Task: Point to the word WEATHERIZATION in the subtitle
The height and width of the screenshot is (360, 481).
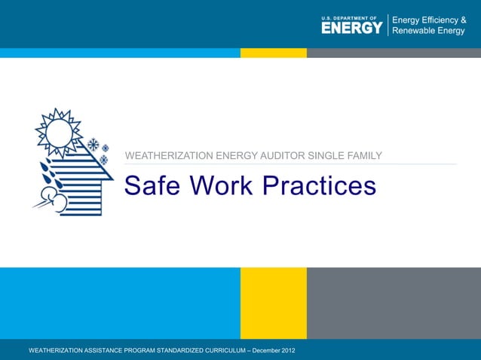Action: [x=169, y=156]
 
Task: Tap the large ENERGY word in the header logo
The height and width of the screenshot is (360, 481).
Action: [x=352, y=28]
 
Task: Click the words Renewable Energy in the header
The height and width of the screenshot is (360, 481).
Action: [x=428, y=32]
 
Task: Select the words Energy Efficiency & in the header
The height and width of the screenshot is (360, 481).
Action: [x=429, y=20]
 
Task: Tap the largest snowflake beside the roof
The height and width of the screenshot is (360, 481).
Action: [x=93, y=145]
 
